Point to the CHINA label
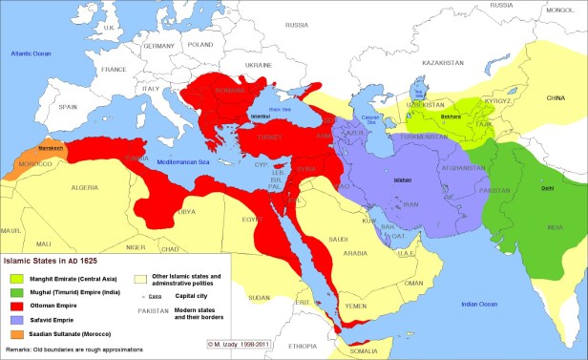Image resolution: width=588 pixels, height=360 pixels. pyautogui.click(x=555, y=97)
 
